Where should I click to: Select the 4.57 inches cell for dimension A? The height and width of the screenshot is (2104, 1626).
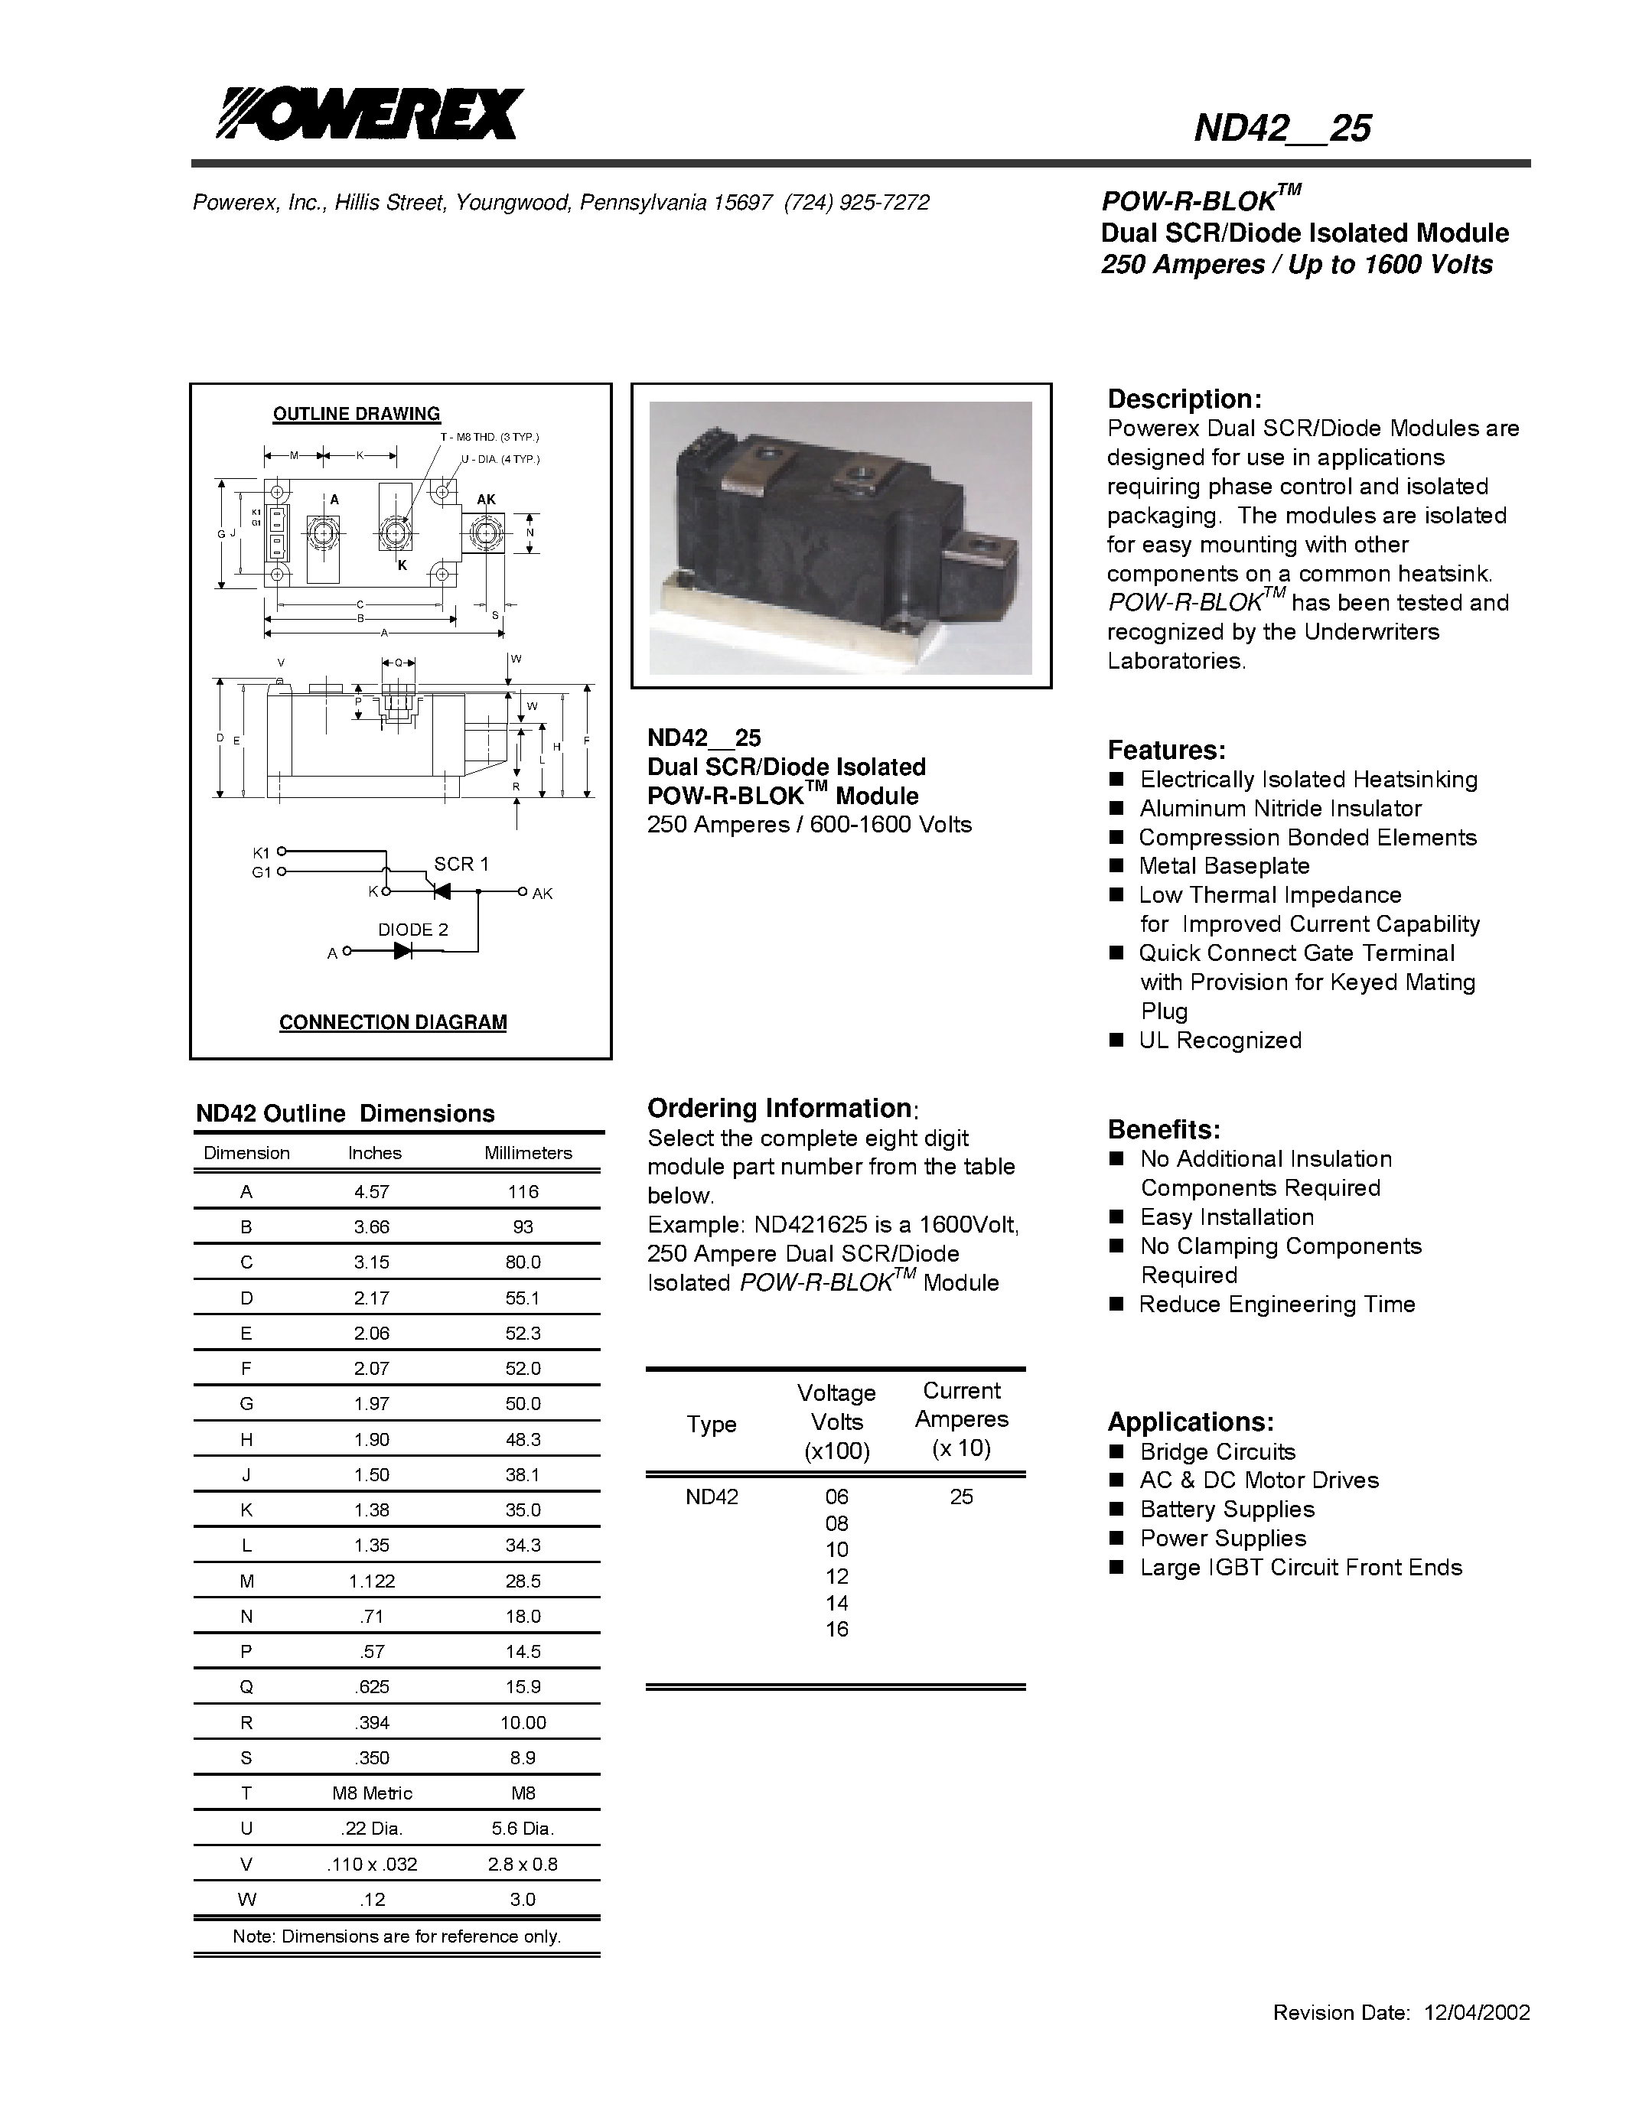(x=372, y=1192)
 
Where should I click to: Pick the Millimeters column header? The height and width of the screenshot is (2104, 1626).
(x=528, y=1153)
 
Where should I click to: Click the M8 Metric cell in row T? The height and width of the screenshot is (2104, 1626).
(x=372, y=1793)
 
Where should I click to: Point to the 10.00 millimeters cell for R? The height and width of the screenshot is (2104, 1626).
(x=523, y=1722)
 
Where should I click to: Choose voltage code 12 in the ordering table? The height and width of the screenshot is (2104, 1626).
(x=837, y=1576)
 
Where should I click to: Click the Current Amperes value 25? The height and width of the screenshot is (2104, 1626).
(x=961, y=1496)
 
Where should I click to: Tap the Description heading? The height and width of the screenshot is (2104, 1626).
(x=1184, y=399)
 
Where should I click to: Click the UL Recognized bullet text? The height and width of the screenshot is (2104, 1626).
(x=1220, y=1041)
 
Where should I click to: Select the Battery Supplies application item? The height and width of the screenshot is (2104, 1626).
(x=1227, y=1510)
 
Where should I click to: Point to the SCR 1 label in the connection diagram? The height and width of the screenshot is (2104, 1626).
(x=461, y=864)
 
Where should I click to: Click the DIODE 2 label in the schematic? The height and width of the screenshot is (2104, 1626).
(x=412, y=930)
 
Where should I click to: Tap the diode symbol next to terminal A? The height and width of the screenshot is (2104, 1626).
(x=403, y=952)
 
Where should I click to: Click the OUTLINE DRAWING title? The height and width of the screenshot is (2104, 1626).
(x=357, y=414)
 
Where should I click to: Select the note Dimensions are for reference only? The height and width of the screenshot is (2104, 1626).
(x=396, y=1936)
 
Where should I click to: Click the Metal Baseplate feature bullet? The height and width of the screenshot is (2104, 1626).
(x=1224, y=866)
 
